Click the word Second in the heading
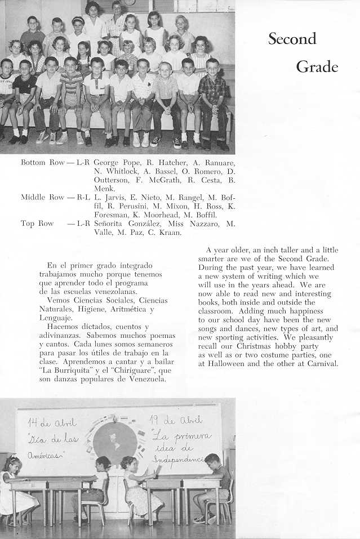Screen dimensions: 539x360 292,39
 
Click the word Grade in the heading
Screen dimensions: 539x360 317,67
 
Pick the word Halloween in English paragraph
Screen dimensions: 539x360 226,363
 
